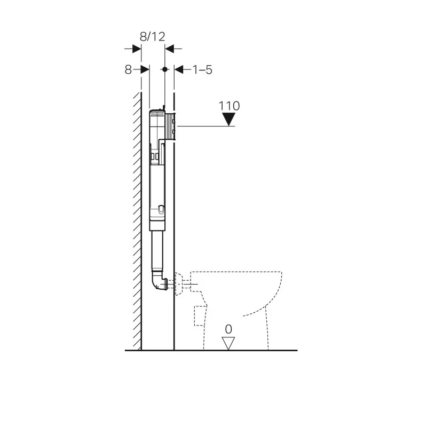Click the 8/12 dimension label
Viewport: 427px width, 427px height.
pos(152,36)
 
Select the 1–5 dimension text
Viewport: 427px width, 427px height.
pos(202,69)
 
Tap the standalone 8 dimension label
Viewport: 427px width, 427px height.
pos(128,69)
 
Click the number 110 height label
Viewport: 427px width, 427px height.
pos(229,106)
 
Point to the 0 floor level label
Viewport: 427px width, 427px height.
pos(228,329)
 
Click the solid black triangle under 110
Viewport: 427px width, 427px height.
pos(229,120)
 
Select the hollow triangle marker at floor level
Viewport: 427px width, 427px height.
pos(228,343)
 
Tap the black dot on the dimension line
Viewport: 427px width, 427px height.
pos(165,69)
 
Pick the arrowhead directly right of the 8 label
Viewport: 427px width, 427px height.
pos(145,69)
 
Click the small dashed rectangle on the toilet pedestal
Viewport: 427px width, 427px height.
pos(200,314)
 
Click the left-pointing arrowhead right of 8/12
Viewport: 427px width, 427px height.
pos(170,49)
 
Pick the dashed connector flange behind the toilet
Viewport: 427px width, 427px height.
pos(183,283)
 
